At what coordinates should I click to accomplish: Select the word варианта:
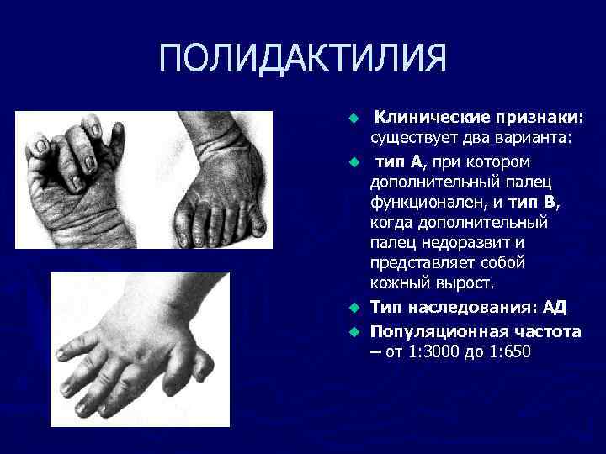(529, 138)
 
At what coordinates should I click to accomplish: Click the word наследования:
(467, 308)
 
